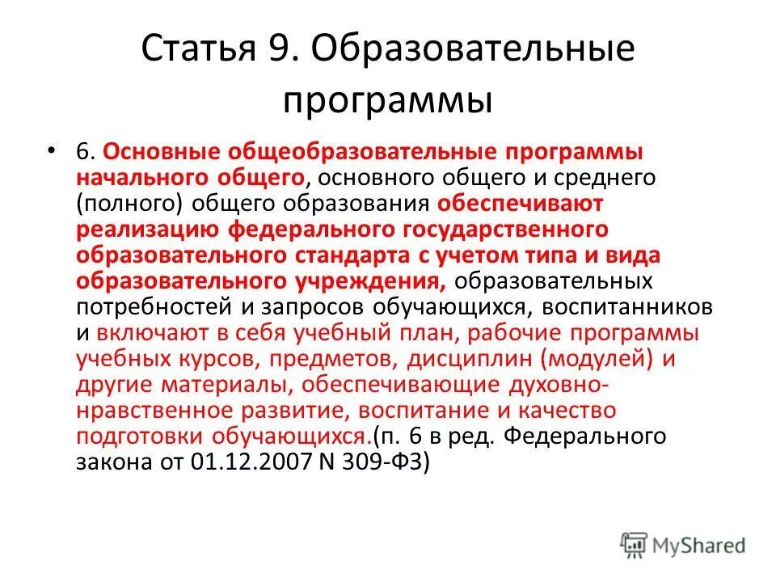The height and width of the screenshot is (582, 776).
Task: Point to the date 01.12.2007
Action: pos(249,463)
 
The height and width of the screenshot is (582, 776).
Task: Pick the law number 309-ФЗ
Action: pos(390,463)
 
